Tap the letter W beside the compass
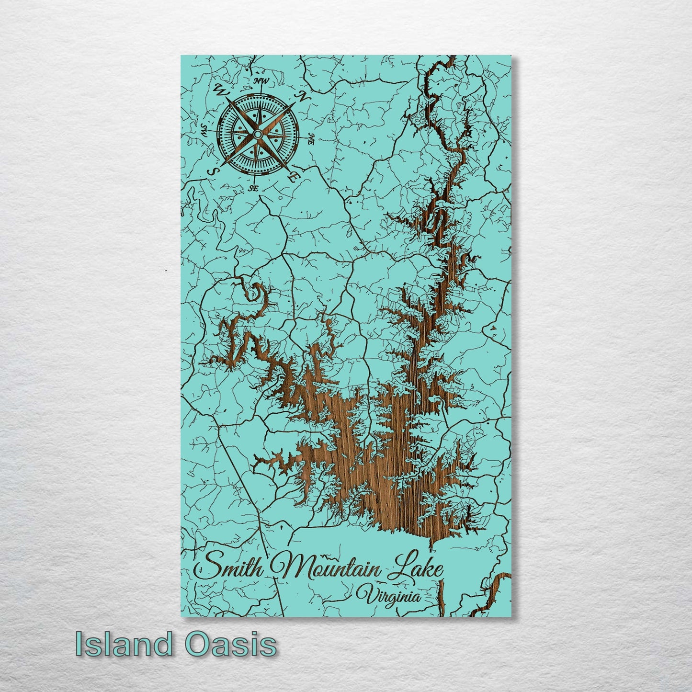222,89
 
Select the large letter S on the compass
211,171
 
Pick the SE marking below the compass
253,189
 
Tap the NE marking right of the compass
311,139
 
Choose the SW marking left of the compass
204,129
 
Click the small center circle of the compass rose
258,135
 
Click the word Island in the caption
124,644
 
